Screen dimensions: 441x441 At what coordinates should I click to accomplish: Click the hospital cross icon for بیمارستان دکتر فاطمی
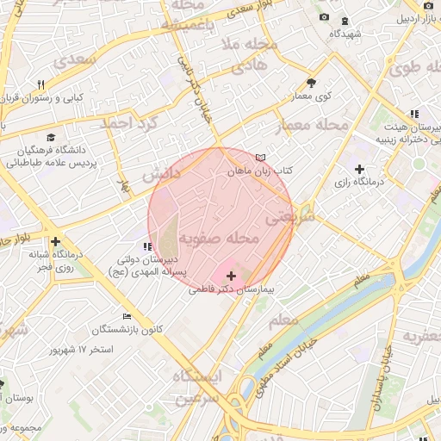point(231,276)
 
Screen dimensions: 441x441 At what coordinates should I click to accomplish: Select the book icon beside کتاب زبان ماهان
point(261,157)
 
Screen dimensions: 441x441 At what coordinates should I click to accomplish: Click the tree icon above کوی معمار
point(311,84)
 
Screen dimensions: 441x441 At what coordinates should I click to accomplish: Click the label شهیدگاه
point(345,34)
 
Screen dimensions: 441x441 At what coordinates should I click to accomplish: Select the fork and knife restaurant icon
point(40,84)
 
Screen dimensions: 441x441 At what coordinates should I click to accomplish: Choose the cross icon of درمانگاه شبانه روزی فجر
point(56,242)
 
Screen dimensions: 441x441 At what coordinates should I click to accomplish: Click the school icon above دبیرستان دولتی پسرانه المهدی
point(146,247)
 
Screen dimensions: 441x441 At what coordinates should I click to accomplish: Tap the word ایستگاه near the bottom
point(196,376)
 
